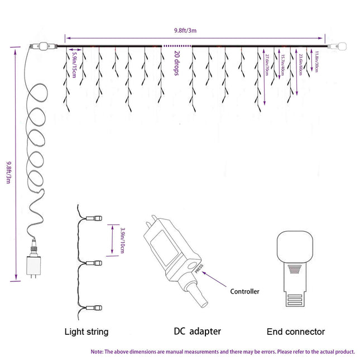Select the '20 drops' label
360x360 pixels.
pyautogui.click(x=176, y=64)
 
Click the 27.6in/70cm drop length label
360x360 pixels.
pyautogui.click(x=267, y=65)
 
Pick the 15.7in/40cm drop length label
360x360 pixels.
pyautogui.click(x=283, y=64)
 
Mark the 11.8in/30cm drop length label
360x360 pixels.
pyautogui.click(x=317, y=60)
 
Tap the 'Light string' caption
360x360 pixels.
pyautogui.click(x=86, y=332)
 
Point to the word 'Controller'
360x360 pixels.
pyautogui.click(x=245, y=291)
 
